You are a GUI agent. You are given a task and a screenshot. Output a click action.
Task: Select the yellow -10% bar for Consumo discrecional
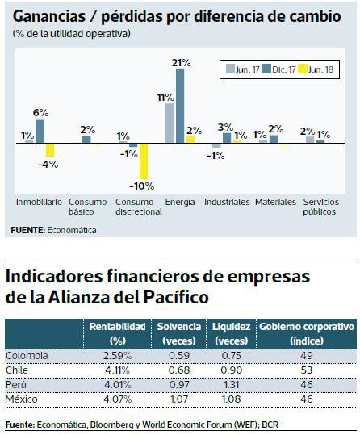[x=143, y=161]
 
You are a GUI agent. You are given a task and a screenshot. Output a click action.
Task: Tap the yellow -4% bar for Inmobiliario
[x=49, y=150]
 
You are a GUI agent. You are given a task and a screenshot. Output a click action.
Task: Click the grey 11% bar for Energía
[x=170, y=123]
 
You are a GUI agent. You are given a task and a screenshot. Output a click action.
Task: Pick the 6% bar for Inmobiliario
[x=40, y=132]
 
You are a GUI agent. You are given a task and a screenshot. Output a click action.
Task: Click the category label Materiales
[x=275, y=202]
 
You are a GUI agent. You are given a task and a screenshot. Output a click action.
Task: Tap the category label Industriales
[x=227, y=202]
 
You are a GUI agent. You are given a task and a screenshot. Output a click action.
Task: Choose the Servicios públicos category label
[x=320, y=207]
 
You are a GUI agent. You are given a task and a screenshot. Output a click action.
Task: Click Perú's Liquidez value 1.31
[x=229, y=383]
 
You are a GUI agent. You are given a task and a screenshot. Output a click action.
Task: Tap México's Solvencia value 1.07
[x=178, y=398]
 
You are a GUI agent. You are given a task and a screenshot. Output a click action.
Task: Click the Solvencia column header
[x=178, y=333]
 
